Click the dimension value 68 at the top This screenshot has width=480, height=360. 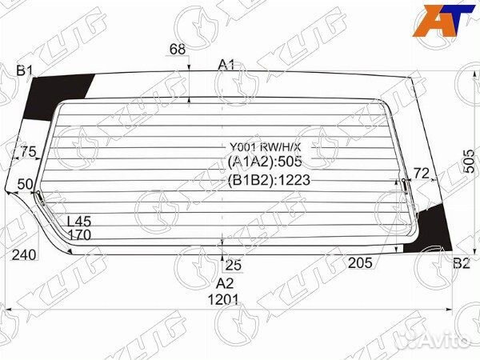pyautogui.click(x=177, y=50)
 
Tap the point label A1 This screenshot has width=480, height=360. pyautogui.click(x=227, y=65)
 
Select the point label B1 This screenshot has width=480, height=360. pyautogui.click(x=25, y=71)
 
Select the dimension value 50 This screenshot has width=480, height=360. pyautogui.click(x=25, y=185)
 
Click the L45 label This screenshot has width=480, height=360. pyautogui.click(x=78, y=222)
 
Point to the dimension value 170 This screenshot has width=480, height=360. pyautogui.click(x=78, y=235)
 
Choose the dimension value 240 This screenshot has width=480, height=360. pyautogui.click(x=25, y=255)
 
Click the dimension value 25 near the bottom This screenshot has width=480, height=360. pyautogui.click(x=233, y=264)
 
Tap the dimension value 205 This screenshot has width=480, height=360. pyautogui.click(x=359, y=263)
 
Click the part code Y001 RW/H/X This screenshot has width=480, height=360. pyautogui.click(x=265, y=147)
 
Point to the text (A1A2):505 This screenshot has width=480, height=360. pyautogui.click(x=264, y=162)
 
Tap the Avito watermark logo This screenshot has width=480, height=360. pyautogui.click(x=437, y=342)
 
